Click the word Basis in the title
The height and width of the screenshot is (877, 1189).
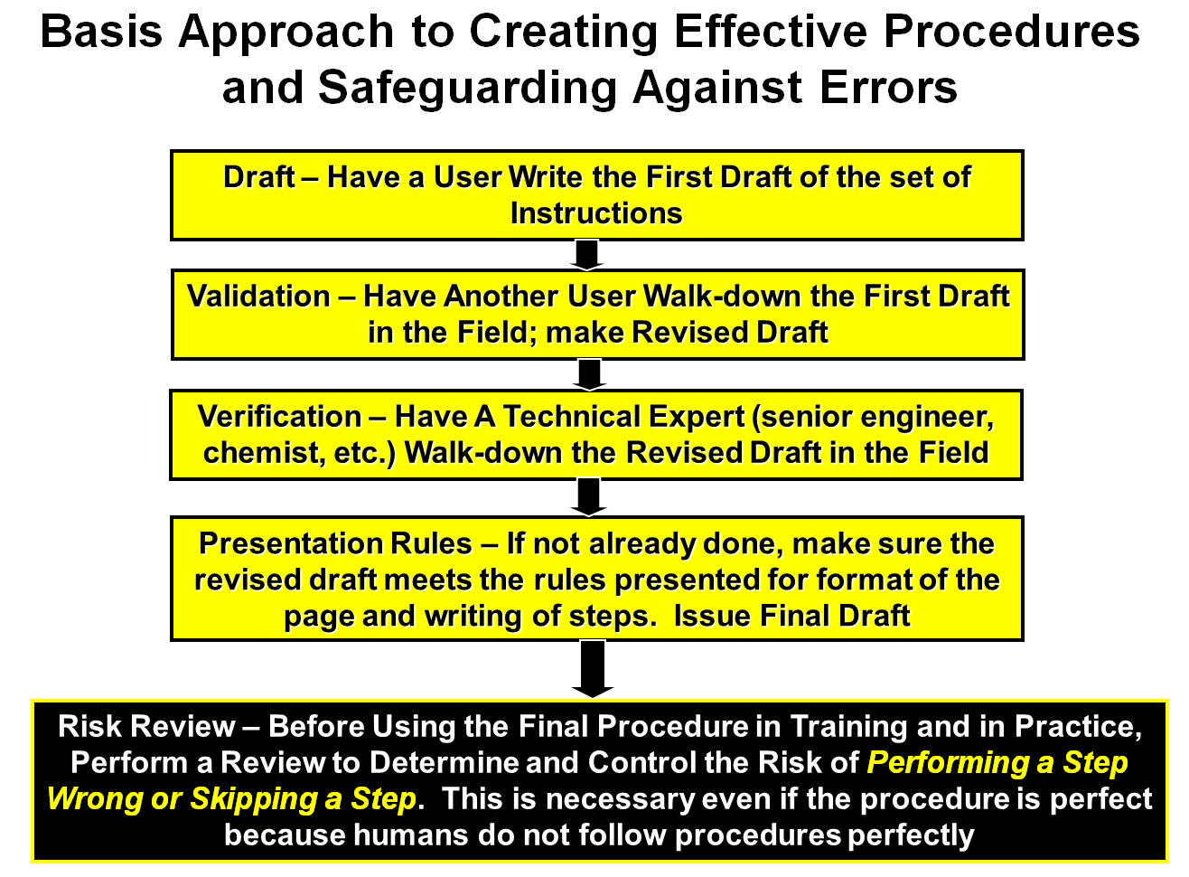tap(101, 32)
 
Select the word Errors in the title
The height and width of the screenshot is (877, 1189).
tap(888, 87)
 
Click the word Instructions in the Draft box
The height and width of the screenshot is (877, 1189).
tap(596, 213)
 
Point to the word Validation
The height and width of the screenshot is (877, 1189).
tap(258, 296)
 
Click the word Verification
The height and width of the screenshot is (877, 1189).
tap(280, 417)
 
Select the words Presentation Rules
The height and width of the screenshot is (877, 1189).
tap(335, 543)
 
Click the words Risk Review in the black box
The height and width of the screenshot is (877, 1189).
tap(146, 726)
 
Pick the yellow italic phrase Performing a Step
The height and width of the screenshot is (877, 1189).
tap(997, 763)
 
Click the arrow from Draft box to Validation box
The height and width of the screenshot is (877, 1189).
tap(586, 255)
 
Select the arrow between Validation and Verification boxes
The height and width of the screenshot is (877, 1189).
tap(589, 375)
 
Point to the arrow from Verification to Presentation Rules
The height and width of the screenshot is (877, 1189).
tap(589, 497)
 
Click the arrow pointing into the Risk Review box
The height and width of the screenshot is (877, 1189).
tap(593, 669)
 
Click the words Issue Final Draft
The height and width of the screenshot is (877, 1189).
tap(792, 617)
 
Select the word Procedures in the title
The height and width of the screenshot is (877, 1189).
tap(1012, 32)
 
